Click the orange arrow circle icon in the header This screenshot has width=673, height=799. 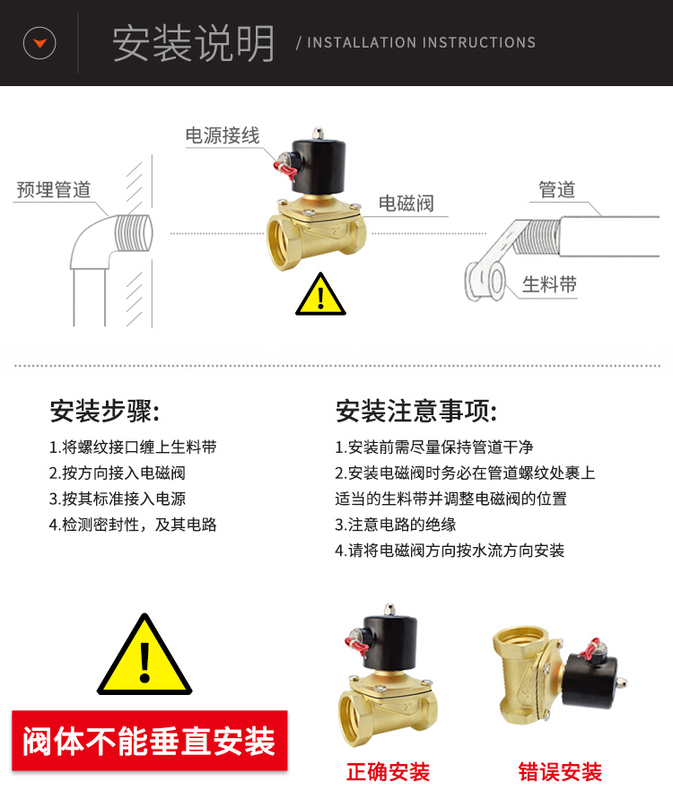pyautogui.click(x=39, y=43)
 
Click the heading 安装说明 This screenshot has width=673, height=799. pyautogui.click(x=193, y=43)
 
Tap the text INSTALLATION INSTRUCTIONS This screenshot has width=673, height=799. pyautogui.click(x=421, y=42)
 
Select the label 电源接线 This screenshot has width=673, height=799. pyautogui.click(x=223, y=135)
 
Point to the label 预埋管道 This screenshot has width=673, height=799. pyautogui.click(x=54, y=189)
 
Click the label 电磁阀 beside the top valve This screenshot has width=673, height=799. pyautogui.click(x=406, y=204)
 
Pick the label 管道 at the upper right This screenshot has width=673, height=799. pyautogui.click(x=557, y=189)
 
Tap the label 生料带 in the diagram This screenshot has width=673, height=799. pyautogui.click(x=549, y=284)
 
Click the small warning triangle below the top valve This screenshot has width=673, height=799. pyautogui.click(x=320, y=294)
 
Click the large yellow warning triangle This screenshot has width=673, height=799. pyautogui.click(x=144, y=656)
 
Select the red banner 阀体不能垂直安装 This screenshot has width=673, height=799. pyautogui.click(x=149, y=741)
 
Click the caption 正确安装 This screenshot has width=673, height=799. pyautogui.click(x=388, y=772)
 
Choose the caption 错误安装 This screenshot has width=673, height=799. pyautogui.click(x=560, y=772)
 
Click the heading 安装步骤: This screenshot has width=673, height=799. pyautogui.click(x=105, y=411)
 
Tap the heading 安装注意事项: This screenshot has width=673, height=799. pyautogui.click(x=416, y=411)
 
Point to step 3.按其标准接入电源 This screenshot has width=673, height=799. pyautogui.click(x=118, y=499)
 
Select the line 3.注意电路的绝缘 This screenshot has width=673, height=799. pyautogui.click(x=396, y=525)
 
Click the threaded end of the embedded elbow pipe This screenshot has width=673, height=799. pyautogui.click(x=134, y=233)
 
